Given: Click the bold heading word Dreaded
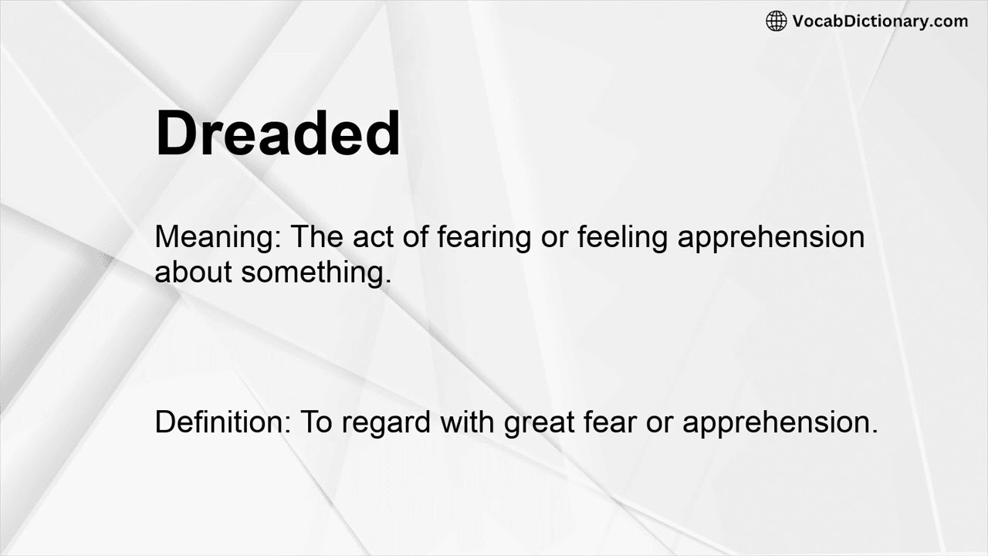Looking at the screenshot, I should tap(278, 134).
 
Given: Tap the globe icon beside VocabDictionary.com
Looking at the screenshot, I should tap(776, 21).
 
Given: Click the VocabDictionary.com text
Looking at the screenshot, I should tap(880, 21).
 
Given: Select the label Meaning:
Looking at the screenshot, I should tap(218, 237).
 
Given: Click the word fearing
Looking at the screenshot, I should tap(484, 237).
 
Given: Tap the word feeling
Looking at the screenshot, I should tap(623, 237).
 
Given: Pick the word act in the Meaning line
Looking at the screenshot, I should tap(374, 237).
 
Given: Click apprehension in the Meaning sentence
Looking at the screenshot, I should tap(771, 237).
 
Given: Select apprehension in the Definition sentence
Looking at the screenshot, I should tap(780, 423).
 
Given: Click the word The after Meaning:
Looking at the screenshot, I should tap(317, 237).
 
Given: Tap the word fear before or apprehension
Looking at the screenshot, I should tap(610, 422).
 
